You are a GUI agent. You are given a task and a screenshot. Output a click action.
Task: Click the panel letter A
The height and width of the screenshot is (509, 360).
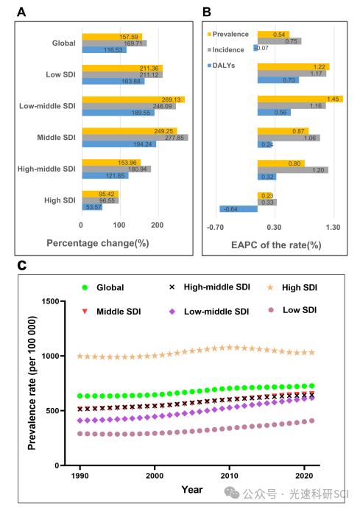(21, 12)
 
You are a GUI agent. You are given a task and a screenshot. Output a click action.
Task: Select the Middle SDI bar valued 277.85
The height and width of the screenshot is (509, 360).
(135, 138)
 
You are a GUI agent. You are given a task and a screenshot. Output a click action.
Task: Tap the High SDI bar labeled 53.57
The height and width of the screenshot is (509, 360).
(92, 207)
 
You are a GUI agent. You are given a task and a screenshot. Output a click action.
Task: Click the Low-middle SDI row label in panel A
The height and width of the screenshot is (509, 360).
(47, 106)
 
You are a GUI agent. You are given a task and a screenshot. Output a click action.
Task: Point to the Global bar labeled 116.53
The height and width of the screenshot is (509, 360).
(104, 49)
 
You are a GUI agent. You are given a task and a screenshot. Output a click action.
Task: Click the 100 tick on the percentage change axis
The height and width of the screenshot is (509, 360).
(119, 225)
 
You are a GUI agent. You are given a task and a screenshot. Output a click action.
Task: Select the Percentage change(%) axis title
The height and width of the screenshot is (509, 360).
(98, 243)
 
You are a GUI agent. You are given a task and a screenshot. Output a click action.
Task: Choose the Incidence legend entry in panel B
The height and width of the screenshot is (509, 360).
(226, 49)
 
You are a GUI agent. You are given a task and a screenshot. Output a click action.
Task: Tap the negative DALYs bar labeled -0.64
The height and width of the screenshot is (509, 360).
(239, 209)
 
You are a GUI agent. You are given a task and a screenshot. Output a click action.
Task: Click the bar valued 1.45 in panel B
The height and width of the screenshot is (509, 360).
(300, 99)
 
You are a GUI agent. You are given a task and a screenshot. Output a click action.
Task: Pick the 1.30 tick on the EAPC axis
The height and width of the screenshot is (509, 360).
(333, 227)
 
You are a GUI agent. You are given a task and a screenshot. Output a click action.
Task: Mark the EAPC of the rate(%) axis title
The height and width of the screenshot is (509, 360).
(276, 245)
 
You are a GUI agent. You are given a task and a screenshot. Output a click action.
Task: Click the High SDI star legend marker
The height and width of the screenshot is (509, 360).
(270, 287)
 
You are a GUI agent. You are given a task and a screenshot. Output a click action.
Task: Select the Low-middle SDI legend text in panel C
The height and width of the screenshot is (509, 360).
(216, 312)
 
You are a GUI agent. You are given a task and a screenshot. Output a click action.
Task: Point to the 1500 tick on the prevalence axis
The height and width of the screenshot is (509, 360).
(51, 301)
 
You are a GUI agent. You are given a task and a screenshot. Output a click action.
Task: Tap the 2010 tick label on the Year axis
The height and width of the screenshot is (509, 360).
(229, 476)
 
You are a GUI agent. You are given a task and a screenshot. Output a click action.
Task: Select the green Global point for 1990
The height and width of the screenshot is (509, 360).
(80, 396)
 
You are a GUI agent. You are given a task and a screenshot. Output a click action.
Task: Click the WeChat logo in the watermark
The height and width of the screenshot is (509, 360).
(232, 493)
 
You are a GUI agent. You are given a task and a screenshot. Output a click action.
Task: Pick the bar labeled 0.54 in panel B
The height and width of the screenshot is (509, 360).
(273, 35)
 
